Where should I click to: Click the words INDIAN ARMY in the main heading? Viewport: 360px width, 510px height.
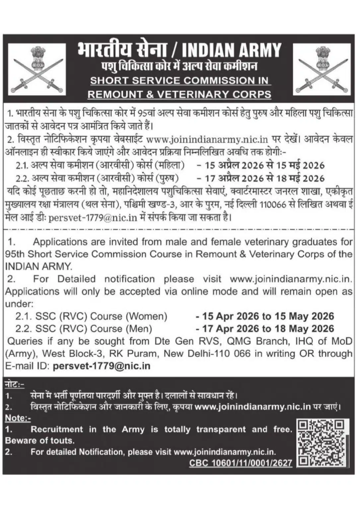coord(232,50)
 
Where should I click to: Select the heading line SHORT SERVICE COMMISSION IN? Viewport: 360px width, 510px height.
coord(180,81)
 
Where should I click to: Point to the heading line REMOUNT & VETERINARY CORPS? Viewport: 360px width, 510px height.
coord(180,94)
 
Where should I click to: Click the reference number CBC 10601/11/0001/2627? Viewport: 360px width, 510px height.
coord(241,463)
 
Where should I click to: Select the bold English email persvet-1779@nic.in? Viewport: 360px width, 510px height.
coord(102,366)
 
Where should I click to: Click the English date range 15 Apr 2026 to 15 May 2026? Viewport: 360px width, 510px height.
coord(265,316)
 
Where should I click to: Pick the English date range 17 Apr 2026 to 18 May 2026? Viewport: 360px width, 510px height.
coord(265,329)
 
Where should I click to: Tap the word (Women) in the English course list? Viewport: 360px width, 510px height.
coord(147,316)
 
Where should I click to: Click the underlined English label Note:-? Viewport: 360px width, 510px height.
coord(18,418)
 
